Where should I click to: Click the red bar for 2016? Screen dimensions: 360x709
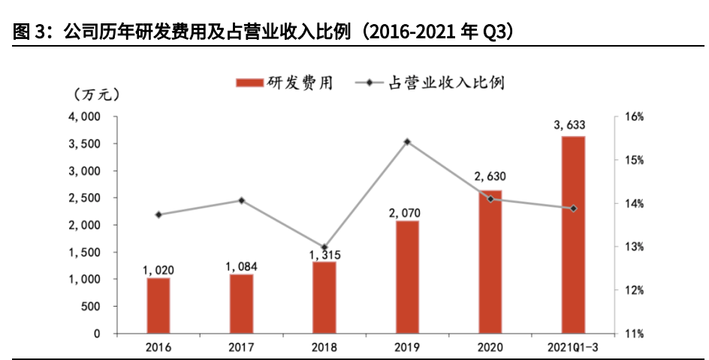[158, 305]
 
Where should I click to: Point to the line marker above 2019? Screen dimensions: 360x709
[407, 141]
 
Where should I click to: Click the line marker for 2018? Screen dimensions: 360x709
[324, 247]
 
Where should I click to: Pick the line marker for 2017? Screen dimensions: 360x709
[241, 201]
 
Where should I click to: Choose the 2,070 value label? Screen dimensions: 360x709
[407, 211]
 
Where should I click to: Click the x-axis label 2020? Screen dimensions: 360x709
[490, 347]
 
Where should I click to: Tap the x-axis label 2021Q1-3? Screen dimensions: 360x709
[573, 347]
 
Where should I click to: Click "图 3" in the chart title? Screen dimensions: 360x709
[30, 33]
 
